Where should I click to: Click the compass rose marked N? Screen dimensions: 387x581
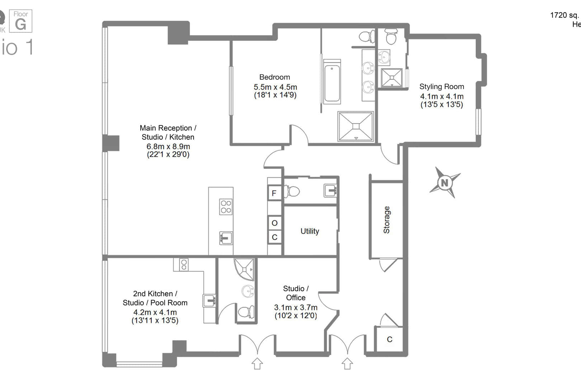(x=445, y=183)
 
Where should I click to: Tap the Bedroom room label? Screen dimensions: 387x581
(x=275, y=77)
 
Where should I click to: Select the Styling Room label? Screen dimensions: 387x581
(x=441, y=87)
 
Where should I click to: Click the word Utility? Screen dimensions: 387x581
(x=310, y=231)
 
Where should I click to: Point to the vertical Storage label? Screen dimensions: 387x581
(x=387, y=220)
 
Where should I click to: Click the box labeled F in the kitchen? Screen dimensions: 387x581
(x=274, y=193)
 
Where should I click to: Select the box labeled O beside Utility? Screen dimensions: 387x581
(x=275, y=223)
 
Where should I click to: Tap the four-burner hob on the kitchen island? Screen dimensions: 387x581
(x=226, y=207)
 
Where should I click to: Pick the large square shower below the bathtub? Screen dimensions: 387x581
(x=356, y=126)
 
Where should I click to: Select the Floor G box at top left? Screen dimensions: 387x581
(x=20, y=21)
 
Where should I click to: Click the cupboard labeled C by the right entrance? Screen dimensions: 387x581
(x=389, y=339)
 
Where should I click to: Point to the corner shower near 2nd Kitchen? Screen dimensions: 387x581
(x=245, y=268)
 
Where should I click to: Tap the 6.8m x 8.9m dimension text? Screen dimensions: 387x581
(x=168, y=147)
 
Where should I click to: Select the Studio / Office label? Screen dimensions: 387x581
(x=296, y=293)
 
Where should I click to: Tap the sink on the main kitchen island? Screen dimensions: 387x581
(x=226, y=238)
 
